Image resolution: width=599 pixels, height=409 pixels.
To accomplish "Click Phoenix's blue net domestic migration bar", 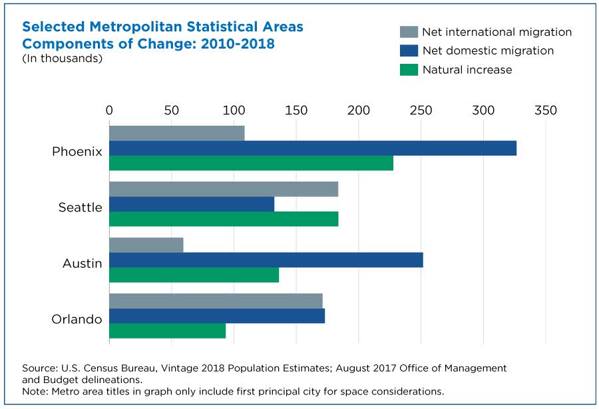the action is coord(313,148).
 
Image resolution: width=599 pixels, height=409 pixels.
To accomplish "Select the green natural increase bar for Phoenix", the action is coord(251,163).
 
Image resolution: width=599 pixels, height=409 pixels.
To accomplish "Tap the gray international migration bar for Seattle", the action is coord(224,190).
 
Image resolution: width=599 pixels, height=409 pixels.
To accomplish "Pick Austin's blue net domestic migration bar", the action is coord(266,260).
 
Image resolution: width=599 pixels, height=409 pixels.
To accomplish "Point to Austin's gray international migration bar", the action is coord(146,245).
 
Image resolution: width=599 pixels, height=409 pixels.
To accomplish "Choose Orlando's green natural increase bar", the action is coord(167,331).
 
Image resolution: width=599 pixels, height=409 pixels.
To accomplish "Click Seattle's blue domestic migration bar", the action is coord(192,204).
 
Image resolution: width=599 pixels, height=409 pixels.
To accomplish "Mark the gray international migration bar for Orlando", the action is coord(216,301).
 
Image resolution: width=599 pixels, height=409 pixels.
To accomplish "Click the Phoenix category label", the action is coord(77,152).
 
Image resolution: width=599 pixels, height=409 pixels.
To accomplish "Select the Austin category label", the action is coord(82,263).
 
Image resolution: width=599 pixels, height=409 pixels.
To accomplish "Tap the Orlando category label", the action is coord(77,319).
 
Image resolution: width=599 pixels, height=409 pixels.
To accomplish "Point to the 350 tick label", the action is coord(546,110).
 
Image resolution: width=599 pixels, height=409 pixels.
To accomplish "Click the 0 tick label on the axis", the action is coord(109,110).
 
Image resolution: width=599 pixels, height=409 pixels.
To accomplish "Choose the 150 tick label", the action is coord(296,110).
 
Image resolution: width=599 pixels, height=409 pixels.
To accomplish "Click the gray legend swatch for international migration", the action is coord(409,32).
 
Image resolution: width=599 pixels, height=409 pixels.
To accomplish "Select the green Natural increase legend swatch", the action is coord(409,70).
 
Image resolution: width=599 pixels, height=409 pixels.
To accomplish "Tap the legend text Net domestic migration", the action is coord(488,51).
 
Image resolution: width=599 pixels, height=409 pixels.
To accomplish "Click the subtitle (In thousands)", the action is coord(63,59).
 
